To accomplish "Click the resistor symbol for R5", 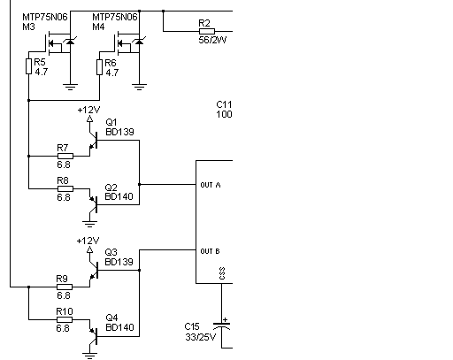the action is [28, 66].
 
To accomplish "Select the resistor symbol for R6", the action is [100, 67].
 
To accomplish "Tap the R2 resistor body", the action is [207, 31].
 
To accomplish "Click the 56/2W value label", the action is [212, 40].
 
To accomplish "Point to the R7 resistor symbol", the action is [65, 156].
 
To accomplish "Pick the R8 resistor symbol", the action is [65, 188].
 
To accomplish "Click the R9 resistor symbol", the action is [65, 287].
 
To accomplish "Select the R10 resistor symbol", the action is [65, 319].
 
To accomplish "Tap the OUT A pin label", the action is [211, 185].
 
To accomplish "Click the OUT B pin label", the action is [210, 251].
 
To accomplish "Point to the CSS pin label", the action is [222, 273].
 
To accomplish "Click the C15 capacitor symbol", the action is [222, 325].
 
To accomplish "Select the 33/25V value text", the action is [201, 337].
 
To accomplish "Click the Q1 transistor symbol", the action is [94, 141].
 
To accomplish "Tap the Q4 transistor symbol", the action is [94, 337].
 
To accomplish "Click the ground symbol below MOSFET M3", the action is [70, 87].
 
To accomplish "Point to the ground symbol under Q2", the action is [89, 224].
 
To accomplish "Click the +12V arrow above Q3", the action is [89, 250].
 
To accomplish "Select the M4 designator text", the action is [98, 27].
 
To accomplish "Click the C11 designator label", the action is [224, 104].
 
